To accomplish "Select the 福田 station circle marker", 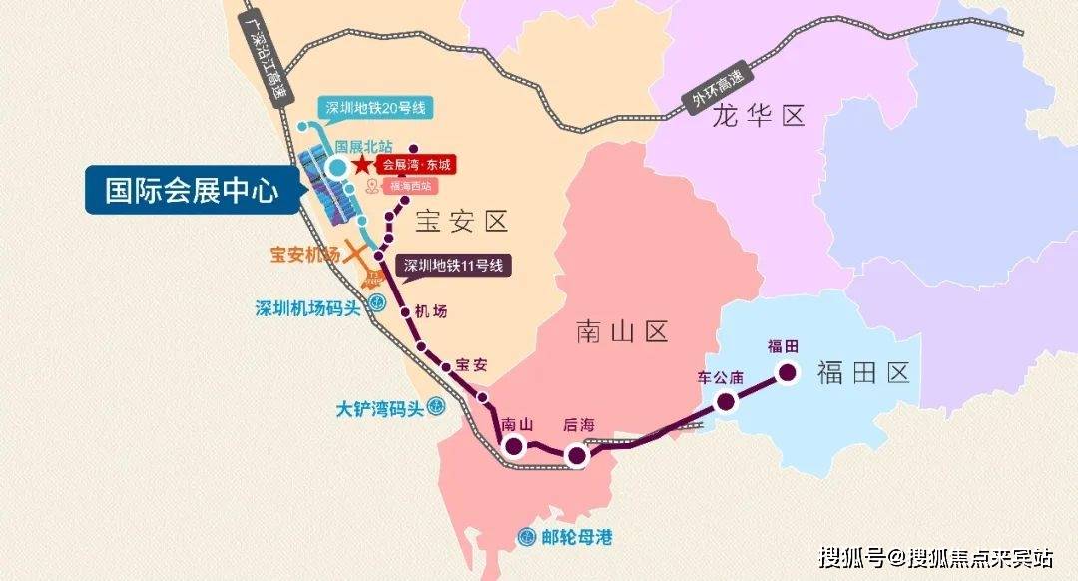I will click(x=787, y=373).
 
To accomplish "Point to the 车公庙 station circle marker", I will click(x=726, y=401).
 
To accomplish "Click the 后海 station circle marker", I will click(x=576, y=456).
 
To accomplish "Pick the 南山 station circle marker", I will click(x=515, y=447).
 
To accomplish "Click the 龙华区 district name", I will click(x=759, y=117).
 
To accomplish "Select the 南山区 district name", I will click(x=621, y=332).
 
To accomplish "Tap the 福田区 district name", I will click(x=864, y=374).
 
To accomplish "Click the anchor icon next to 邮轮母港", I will click(x=526, y=537).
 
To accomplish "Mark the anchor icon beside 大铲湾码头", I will click(x=435, y=406).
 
